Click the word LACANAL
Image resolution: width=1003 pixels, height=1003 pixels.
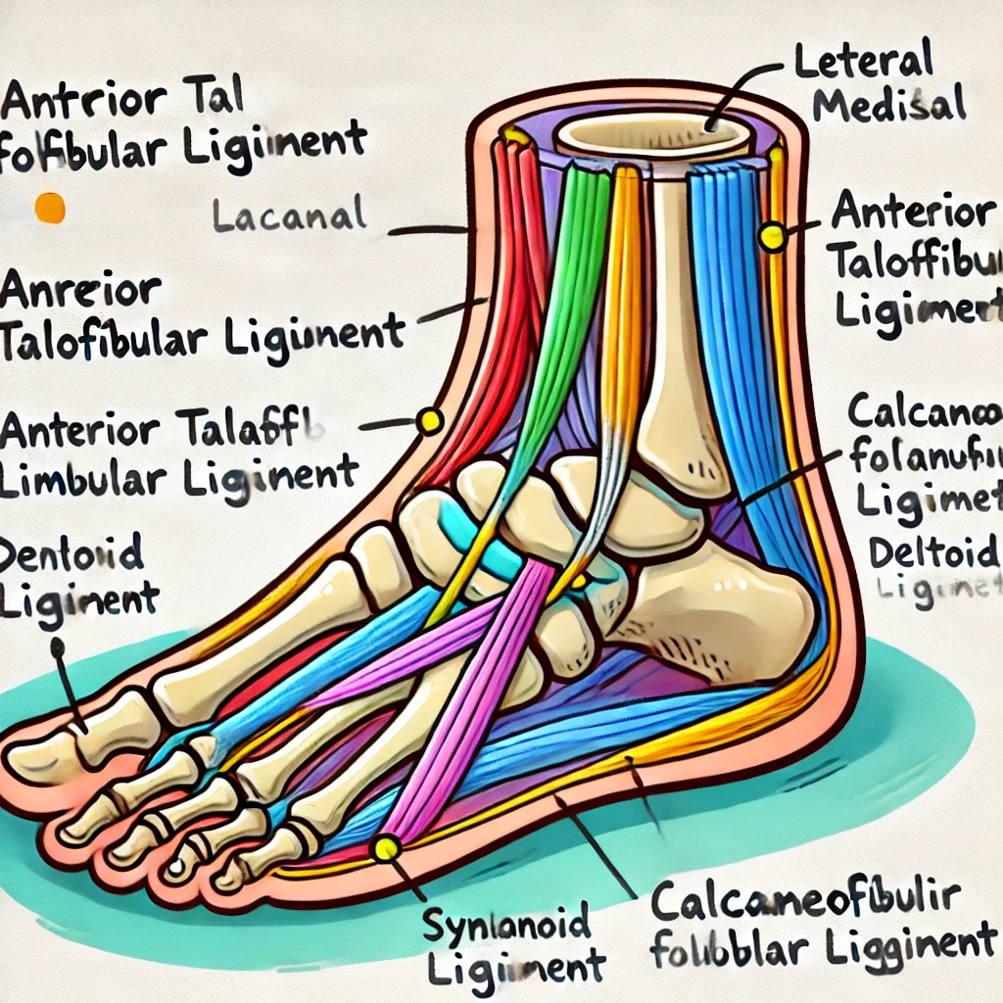tap(289, 213)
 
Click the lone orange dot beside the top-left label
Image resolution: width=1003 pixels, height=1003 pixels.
tap(49, 208)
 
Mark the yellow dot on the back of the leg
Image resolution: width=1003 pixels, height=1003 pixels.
tap(773, 235)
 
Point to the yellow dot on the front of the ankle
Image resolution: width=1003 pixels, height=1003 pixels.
tap(429, 421)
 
